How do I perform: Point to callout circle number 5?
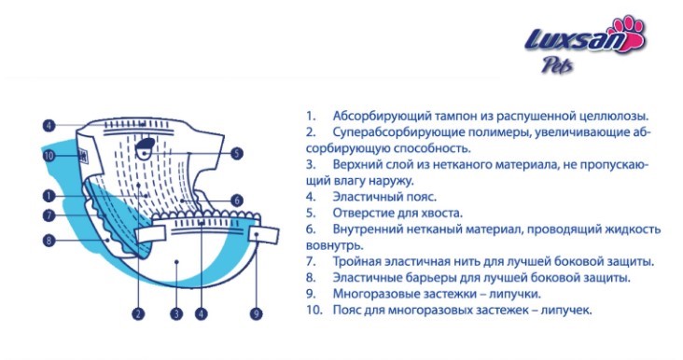coord(236,154)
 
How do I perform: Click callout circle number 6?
coord(236,200)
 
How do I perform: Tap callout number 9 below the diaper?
coord(256,314)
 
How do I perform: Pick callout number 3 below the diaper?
coord(175,314)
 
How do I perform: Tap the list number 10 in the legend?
coord(312,310)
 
